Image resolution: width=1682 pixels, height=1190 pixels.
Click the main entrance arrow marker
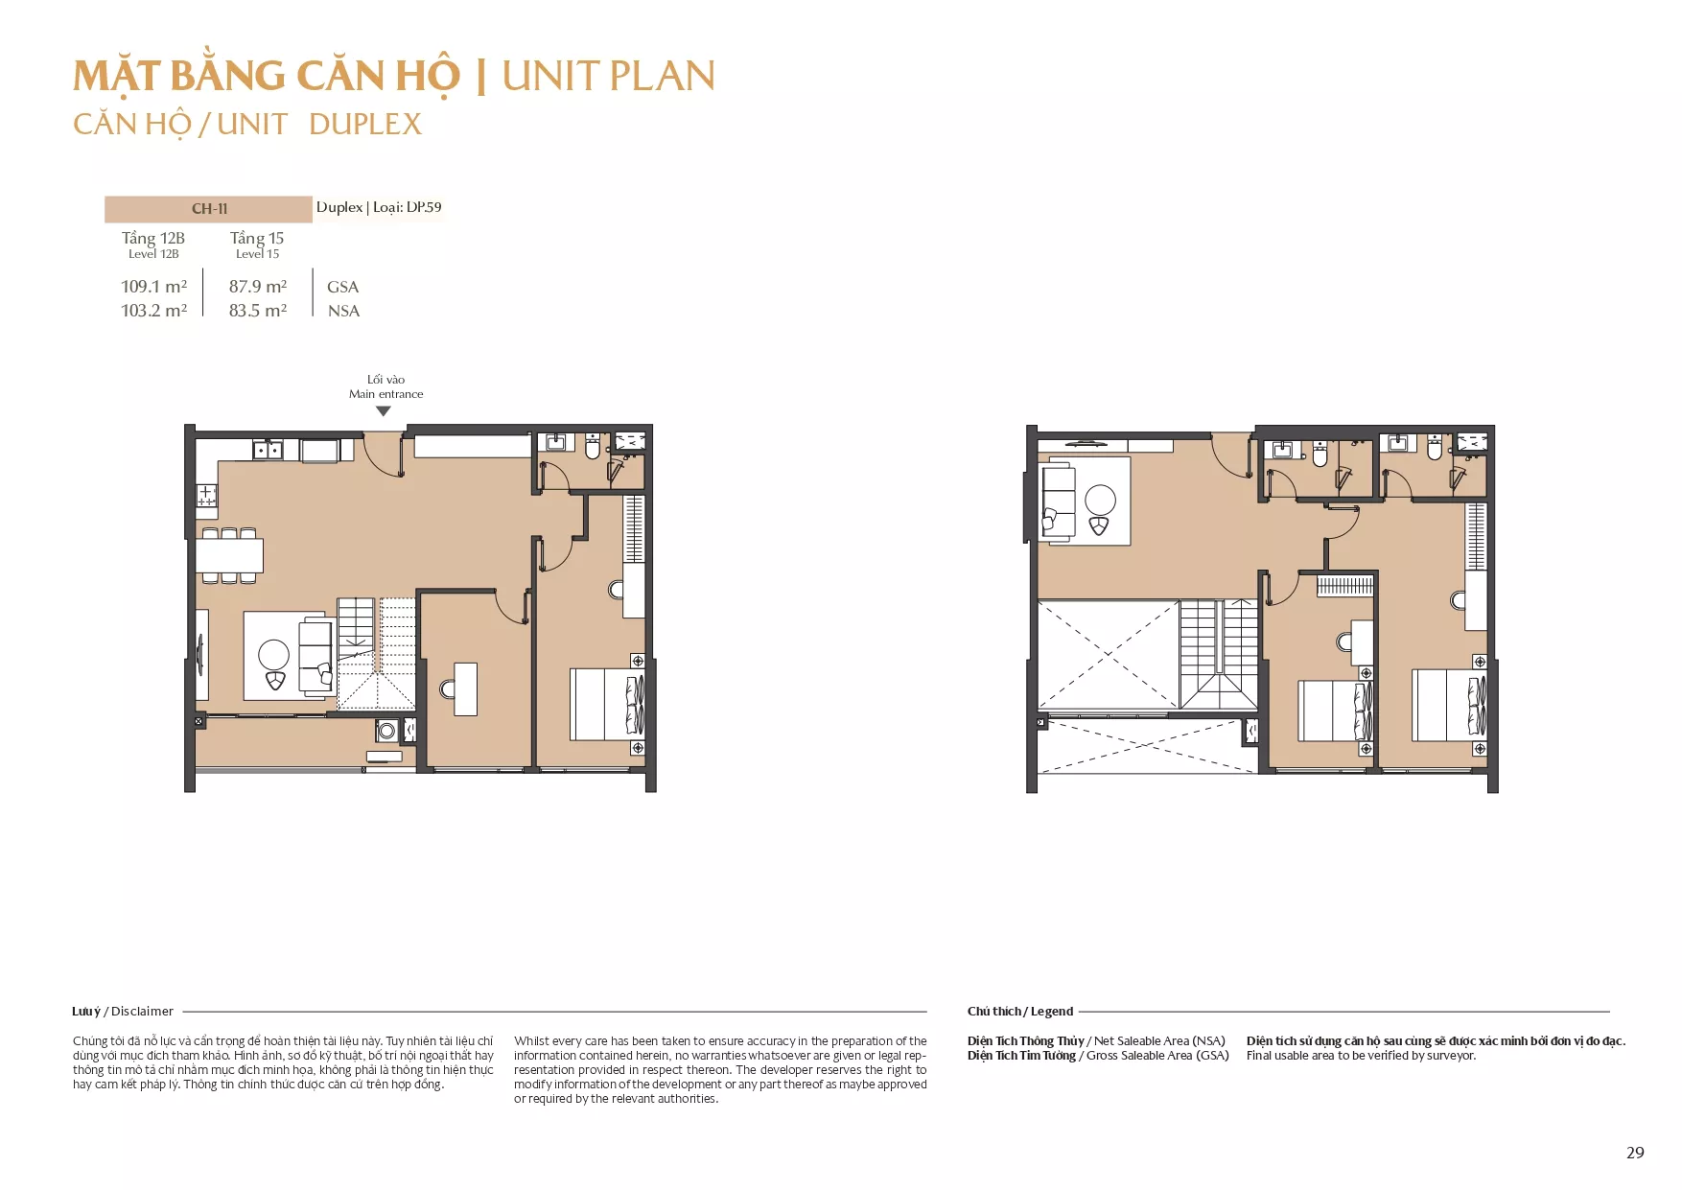384,411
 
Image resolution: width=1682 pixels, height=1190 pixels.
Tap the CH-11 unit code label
209,209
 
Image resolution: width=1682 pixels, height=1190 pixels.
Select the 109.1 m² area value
154,287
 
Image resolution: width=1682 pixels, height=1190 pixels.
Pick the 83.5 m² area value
258,311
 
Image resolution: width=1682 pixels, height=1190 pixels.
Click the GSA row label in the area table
342,287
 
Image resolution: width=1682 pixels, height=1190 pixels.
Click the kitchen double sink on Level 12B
268,450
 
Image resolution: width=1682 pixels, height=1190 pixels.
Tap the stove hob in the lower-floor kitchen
206,495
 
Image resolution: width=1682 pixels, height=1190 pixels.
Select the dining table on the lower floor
229,556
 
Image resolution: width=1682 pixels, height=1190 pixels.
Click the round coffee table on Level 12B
274,655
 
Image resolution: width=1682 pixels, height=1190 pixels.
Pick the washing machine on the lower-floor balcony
386,732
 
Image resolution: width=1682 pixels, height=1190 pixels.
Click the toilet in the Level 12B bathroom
593,447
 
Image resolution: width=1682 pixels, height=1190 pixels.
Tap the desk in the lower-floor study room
466,688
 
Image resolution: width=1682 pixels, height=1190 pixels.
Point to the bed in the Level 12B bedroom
607,705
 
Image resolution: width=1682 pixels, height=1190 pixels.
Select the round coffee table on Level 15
1100,501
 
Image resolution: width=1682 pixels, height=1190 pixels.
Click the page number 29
1635,1153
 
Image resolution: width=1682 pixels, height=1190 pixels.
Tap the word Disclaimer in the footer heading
142,1011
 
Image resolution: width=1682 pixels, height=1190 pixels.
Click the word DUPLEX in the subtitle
365,124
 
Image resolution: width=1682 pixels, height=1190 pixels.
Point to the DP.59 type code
424,207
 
